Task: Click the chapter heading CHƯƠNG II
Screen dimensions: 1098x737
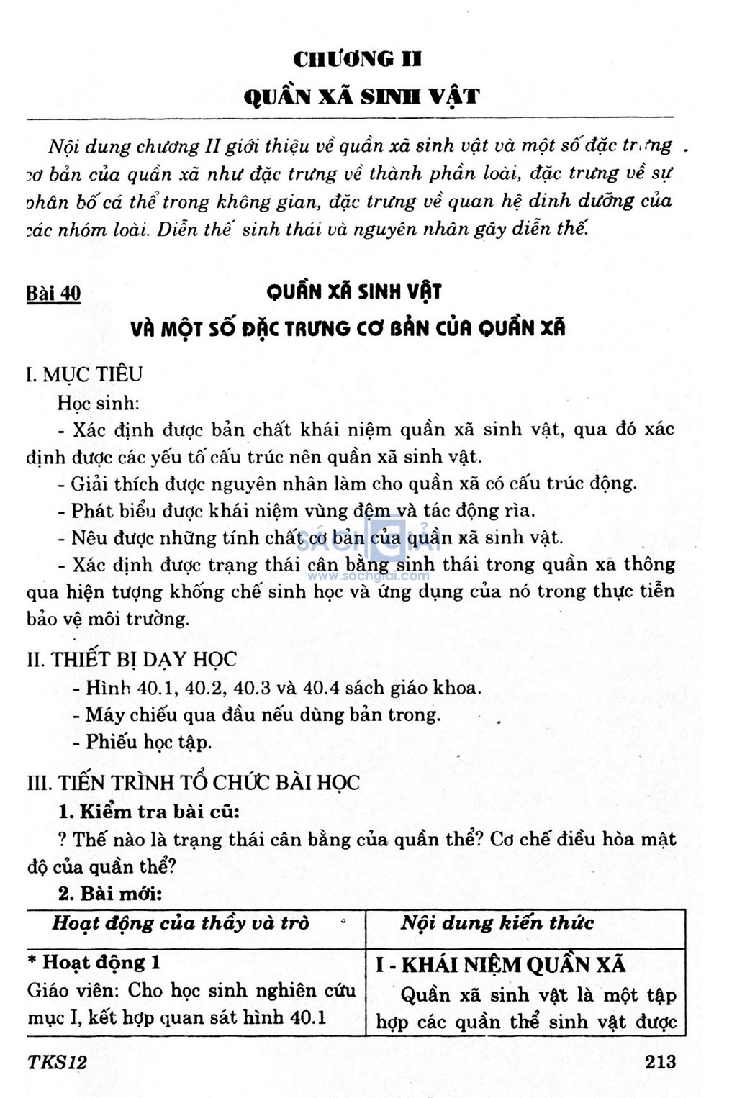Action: pos(357,58)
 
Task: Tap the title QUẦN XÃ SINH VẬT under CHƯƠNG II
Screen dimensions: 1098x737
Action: pos(361,96)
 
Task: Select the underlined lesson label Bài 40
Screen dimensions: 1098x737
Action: pos(53,294)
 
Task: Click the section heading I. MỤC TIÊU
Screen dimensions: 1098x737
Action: pos(84,374)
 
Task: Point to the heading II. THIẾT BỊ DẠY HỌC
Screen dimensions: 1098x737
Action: pos(132,659)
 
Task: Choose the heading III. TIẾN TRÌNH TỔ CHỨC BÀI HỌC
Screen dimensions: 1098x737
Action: pos(193,783)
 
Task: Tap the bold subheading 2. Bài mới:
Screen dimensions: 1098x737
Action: pos(110,894)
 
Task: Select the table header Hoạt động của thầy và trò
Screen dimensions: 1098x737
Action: pos(181,923)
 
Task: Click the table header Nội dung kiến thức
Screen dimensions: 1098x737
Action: pos(497,923)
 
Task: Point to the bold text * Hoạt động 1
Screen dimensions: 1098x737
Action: pos(94,963)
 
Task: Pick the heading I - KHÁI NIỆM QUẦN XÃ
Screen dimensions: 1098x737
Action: pos(500,965)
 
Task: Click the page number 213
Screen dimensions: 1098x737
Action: pos(660,1061)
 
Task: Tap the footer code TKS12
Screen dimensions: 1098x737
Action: pos(57,1062)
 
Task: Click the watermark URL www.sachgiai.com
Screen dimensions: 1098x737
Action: pos(368,576)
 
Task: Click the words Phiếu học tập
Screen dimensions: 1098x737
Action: pos(149,742)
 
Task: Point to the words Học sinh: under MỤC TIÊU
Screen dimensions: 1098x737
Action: pos(97,402)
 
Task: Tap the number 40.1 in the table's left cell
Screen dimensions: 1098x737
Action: pos(307,1017)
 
